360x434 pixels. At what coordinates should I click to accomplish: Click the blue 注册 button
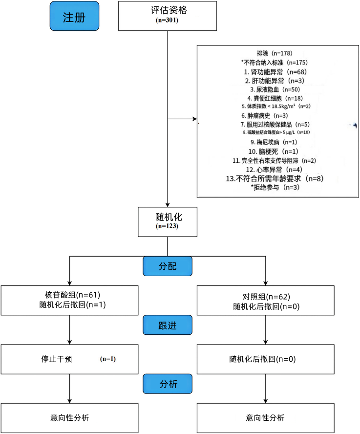(x=74, y=17)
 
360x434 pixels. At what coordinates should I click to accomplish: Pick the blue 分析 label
(x=168, y=384)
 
